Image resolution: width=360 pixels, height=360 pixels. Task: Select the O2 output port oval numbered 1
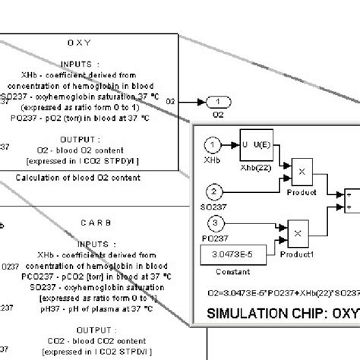(218, 102)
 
